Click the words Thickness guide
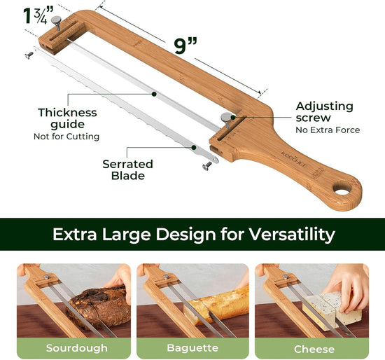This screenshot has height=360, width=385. click(67, 118)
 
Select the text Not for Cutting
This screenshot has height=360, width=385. click(66, 136)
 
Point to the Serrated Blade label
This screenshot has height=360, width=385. click(127, 170)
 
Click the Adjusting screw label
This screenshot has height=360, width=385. click(324, 112)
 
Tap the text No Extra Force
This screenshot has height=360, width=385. click(328, 130)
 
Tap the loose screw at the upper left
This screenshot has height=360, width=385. click(29, 54)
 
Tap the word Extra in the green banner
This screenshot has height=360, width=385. click(75, 233)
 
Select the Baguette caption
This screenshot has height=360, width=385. click(192, 347)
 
